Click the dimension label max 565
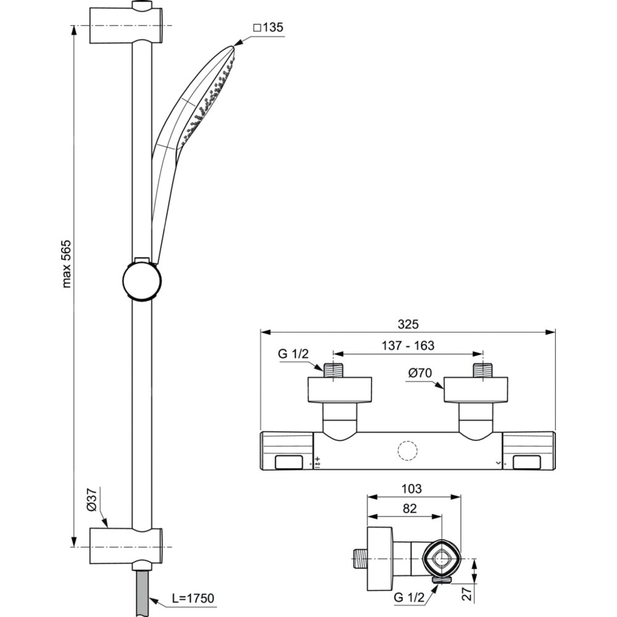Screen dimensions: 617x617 tap(67, 263)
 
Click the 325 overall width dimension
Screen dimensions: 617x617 tap(408, 323)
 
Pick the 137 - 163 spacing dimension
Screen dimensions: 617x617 tap(408, 346)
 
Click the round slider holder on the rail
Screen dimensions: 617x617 tap(143, 280)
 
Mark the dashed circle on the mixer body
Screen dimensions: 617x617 tap(408, 451)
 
